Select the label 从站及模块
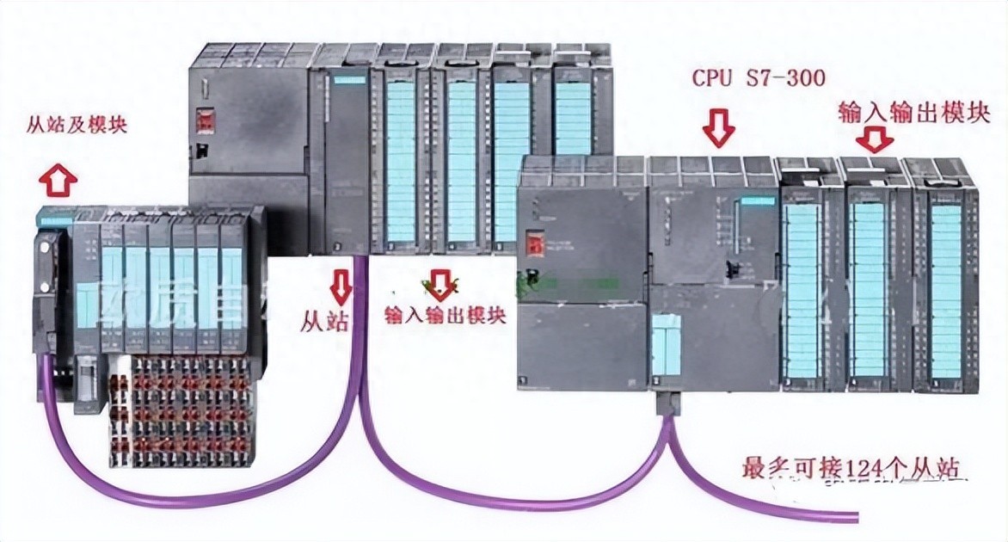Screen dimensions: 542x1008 pos(77,126)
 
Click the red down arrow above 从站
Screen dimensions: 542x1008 pos(341,286)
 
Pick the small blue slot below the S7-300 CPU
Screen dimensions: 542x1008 pos(665,344)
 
